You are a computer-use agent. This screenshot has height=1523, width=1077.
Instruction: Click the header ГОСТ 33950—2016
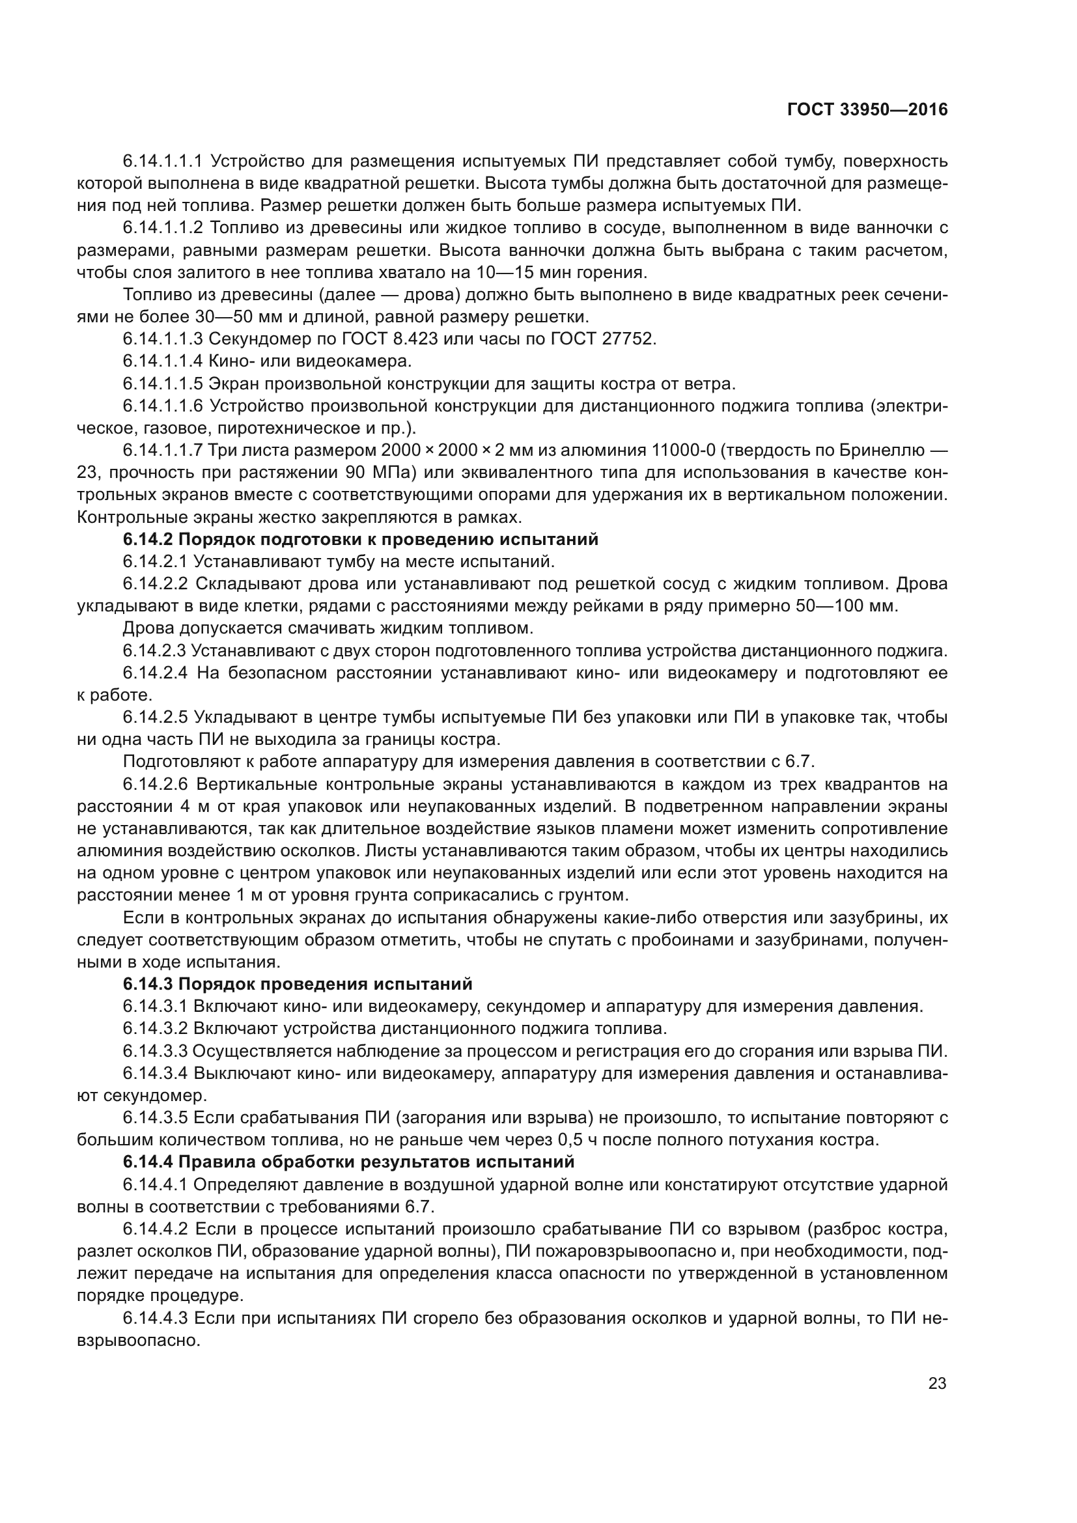point(867,110)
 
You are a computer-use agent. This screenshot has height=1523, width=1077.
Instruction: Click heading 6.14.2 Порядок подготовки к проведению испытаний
point(360,539)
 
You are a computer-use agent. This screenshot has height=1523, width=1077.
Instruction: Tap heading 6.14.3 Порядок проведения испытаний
point(297,984)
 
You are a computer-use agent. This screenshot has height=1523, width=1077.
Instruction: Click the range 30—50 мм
point(236,316)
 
